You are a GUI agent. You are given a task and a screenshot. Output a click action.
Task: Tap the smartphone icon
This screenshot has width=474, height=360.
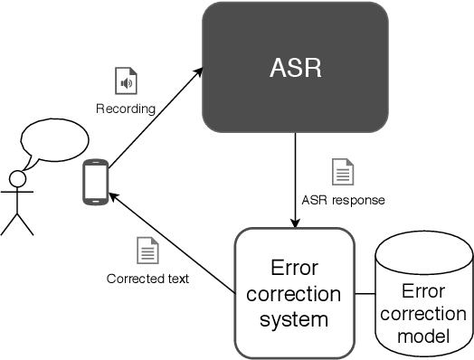click(94, 181)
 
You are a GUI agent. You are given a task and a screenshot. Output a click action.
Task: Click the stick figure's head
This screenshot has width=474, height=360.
click(16, 178)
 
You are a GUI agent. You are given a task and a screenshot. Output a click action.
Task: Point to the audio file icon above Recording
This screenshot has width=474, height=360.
click(126, 81)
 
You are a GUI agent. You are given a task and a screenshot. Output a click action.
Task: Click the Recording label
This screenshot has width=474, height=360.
click(126, 109)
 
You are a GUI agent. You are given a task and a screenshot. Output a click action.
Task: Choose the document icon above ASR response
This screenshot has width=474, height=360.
click(343, 171)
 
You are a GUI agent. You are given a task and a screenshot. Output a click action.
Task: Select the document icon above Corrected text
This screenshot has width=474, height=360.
click(147, 250)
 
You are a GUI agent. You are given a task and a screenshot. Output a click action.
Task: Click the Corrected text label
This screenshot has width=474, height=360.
click(147, 279)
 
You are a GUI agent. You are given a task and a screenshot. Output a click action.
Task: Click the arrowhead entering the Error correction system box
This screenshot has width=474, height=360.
click(294, 223)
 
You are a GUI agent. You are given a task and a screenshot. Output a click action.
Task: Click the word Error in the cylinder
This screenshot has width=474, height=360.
click(423, 293)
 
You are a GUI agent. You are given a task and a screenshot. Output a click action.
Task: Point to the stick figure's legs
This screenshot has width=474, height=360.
click(16, 223)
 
